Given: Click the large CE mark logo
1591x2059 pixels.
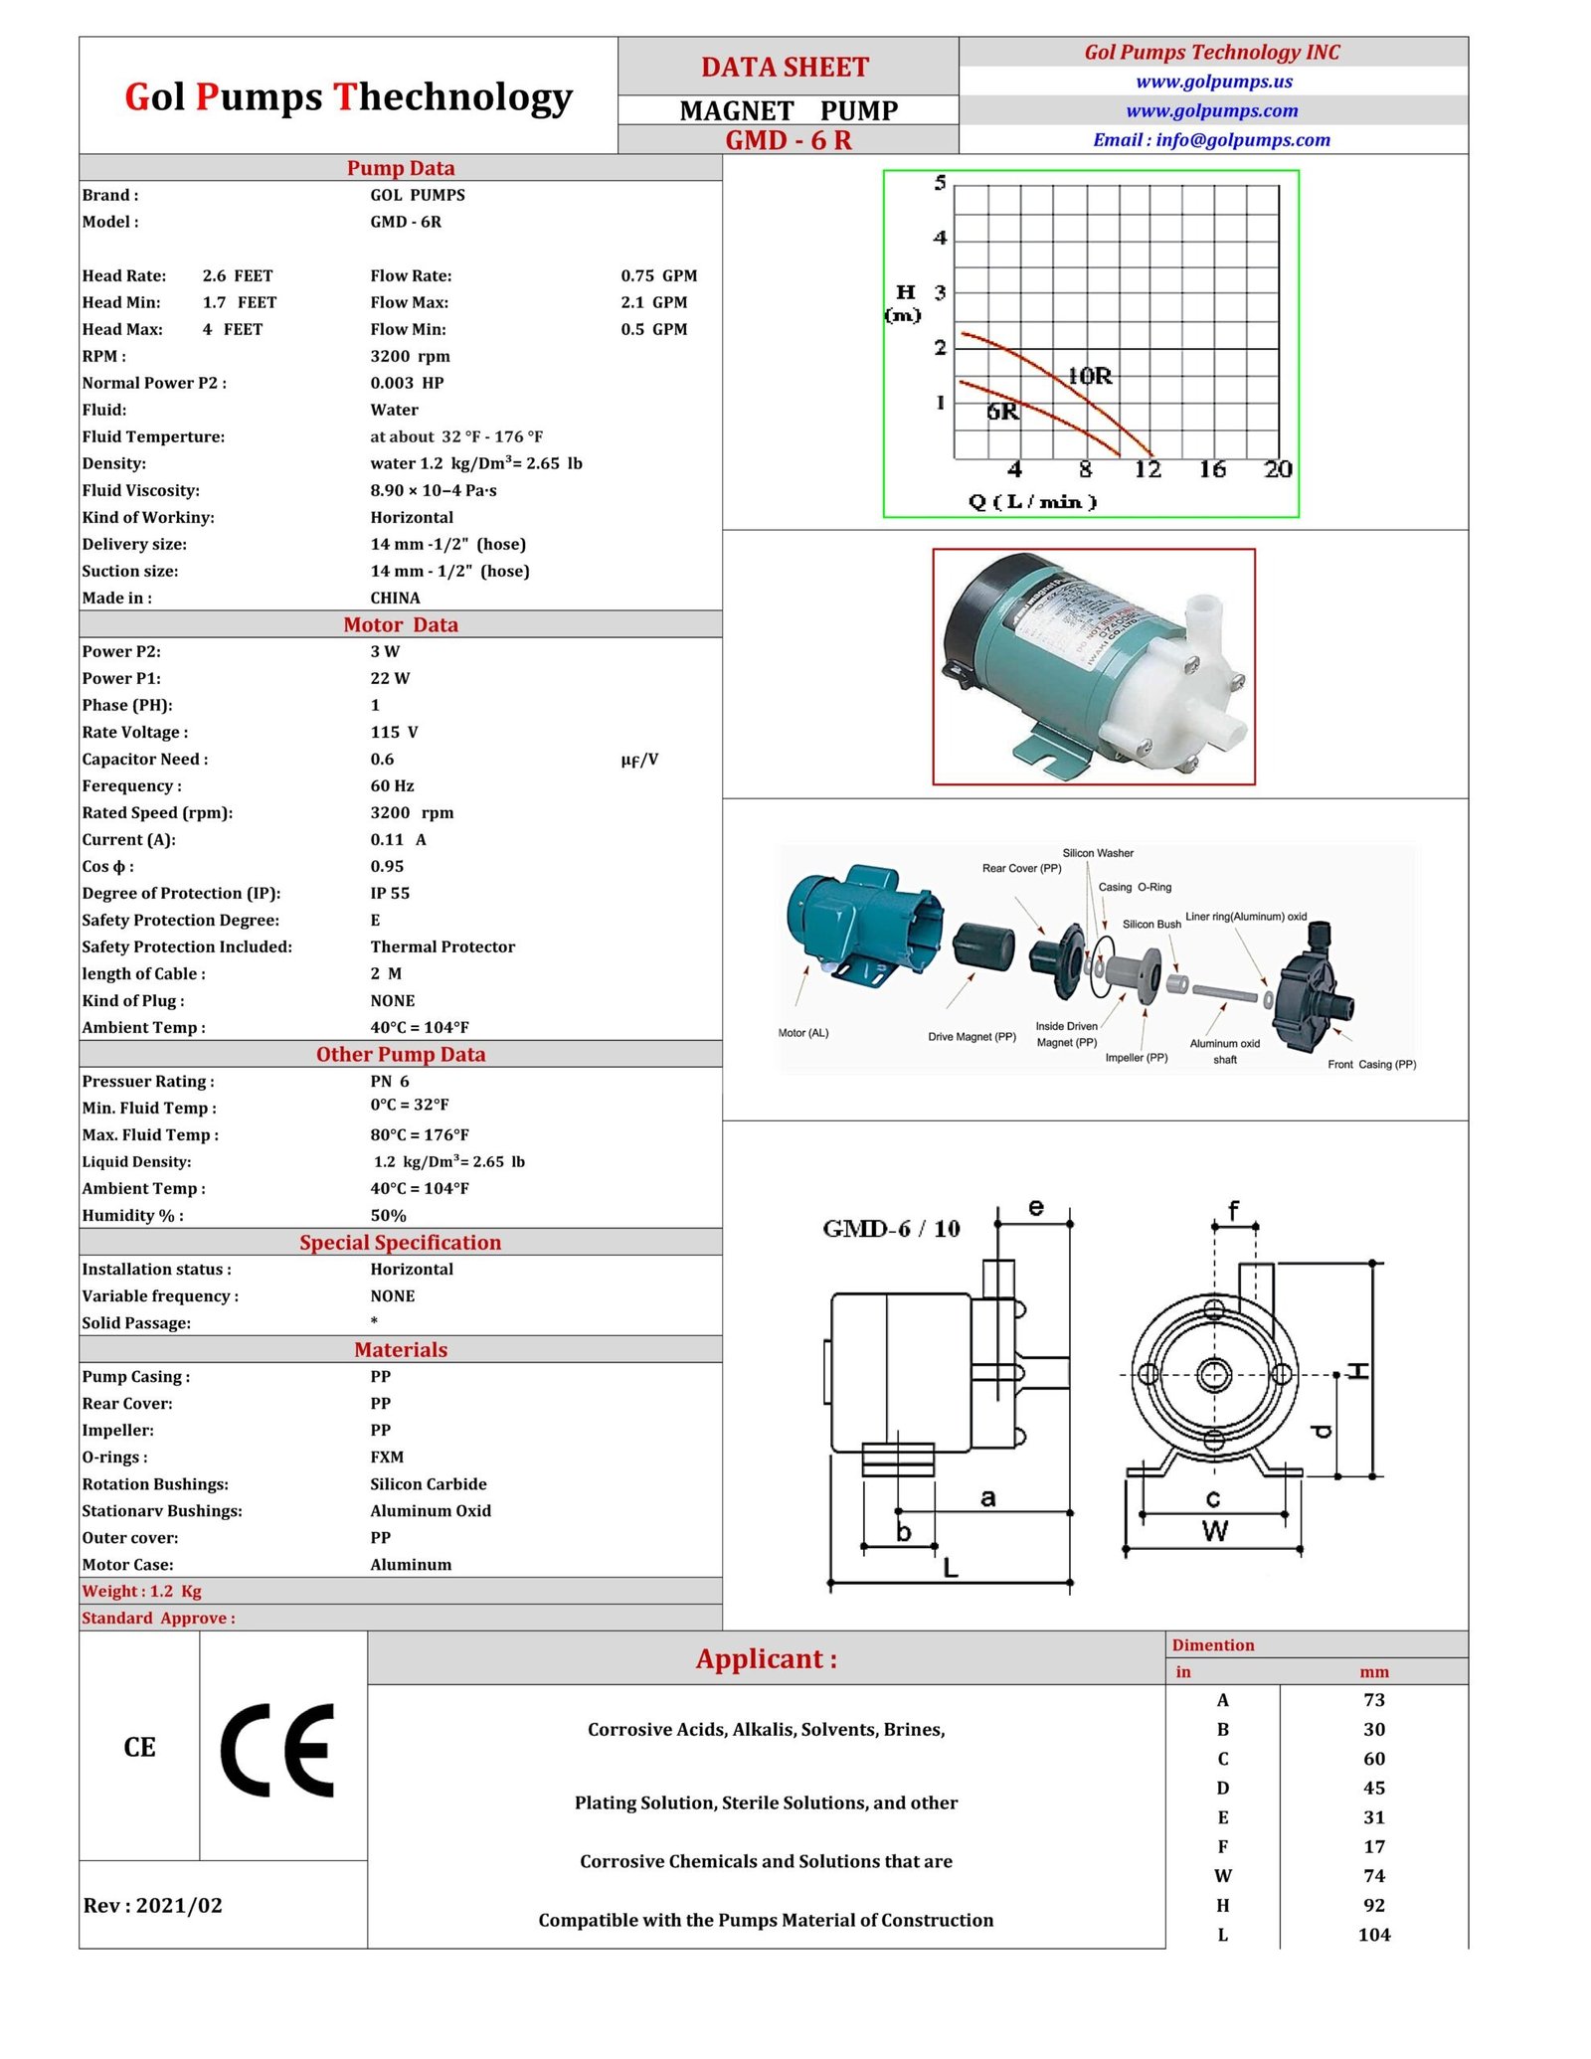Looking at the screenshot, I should click(x=276, y=1751).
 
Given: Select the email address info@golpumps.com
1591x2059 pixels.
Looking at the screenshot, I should click(x=1211, y=140).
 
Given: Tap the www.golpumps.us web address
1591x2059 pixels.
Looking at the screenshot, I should click(x=1213, y=82).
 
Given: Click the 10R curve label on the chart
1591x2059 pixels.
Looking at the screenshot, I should click(x=1090, y=376).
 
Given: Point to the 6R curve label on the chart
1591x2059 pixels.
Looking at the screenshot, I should click(x=1002, y=412).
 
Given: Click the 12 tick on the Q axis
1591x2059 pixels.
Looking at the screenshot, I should click(x=1148, y=469).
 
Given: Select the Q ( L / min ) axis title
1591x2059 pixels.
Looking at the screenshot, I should click(x=1032, y=502).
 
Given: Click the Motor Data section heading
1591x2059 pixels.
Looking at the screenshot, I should click(x=401, y=624).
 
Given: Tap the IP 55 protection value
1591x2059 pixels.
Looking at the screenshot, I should click(x=390, y=893).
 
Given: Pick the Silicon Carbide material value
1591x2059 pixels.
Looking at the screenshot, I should click(x=429, y=1483).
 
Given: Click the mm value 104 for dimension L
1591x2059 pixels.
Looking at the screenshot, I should click(x=1373, y=1934).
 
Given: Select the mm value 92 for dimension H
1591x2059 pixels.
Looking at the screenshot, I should click(x=1373, y=1905).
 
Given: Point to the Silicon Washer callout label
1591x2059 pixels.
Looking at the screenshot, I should click(x=1098, y=853).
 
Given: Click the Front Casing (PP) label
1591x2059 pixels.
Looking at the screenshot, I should click(x=1371, y=1064).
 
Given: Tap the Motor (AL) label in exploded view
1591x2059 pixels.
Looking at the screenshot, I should click(x=803, y=1033).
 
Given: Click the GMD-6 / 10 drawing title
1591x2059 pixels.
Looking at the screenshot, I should click(x=891, y=1229).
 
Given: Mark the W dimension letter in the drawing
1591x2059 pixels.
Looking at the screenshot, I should click(x=1214, y=1531).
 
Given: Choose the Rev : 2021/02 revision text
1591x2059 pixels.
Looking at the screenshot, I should click(x=153, y=1905).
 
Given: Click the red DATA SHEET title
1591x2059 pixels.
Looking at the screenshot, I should click(x=785, y=68).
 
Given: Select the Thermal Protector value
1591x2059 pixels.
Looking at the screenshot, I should click(x=442, y=946).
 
